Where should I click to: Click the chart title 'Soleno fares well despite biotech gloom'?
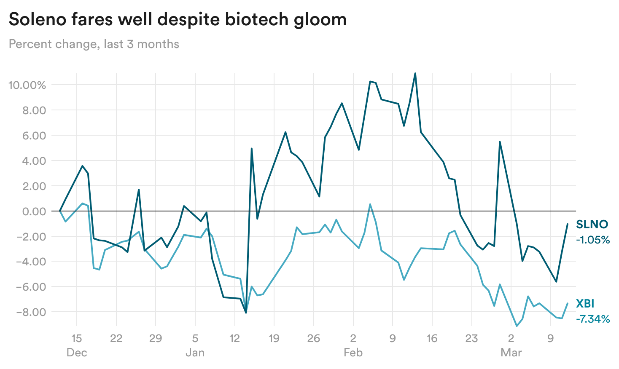(x=178, y=20)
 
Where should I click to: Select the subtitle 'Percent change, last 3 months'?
(x=94, y=44)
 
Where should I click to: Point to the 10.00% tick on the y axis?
(x=27, y=85)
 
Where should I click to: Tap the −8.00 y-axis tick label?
(x=31, y=312)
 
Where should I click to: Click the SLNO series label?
(x=592, y=225)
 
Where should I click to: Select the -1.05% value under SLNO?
(x=593, y=240)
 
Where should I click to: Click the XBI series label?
(x=585, y=304)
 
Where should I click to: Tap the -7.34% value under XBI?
(x=593, y=319)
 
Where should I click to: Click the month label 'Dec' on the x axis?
(x=77, y=353)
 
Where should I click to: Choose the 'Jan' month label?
(x=195, y=353)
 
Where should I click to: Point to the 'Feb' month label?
(x=353, y=353)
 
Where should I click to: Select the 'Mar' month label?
(x=511, y=353)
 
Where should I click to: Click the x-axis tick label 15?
(x=76, y=338)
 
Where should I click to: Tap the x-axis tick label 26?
(x=313, y=338)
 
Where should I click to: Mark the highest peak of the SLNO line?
(x=415, y=73)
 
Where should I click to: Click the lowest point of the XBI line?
(x=517, y=326)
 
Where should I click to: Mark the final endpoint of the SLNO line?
(x=568, y=224)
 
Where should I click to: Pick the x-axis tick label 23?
(x=471, y=338)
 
